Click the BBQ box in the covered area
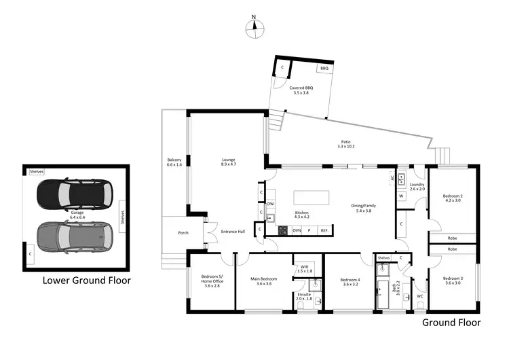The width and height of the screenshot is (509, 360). tap(324, 68)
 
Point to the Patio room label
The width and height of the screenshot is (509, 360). tap(345, 144)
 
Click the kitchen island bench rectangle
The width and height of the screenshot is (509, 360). tap(312, 197)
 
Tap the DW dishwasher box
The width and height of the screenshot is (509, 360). tap(270, 204)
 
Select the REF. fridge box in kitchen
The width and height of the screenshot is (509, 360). tap(324, 231)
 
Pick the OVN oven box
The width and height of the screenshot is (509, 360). tap(297, 231)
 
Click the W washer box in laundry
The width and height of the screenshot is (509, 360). tap(401, 197)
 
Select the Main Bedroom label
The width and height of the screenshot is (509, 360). tap(264, 281)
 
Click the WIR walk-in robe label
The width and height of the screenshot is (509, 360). tap(305, 268)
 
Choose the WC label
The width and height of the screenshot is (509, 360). tap(420, 296)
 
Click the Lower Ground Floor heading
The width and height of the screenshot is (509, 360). tap(86, 280)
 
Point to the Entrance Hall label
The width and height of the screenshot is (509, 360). tap(233, 232)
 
